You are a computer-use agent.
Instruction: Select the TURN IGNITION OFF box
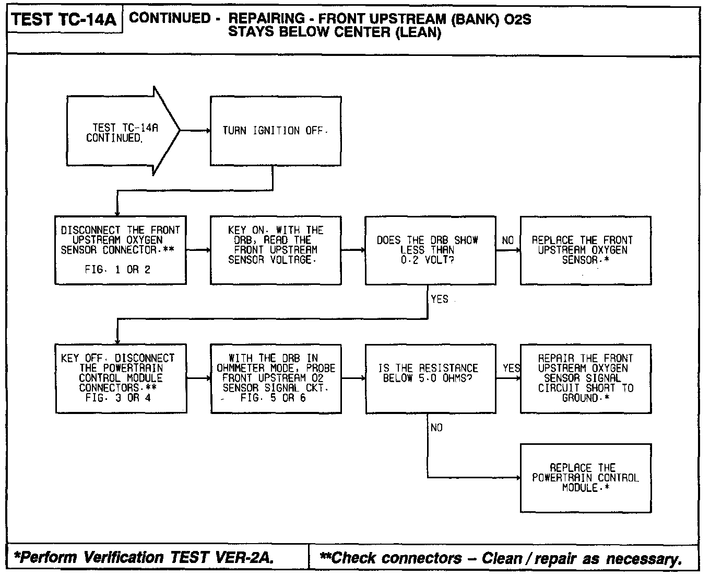(x=276, y=131)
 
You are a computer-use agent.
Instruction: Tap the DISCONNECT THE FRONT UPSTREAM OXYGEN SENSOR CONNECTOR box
(x=121, y=250)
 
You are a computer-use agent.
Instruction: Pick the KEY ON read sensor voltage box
(x=276, y=250)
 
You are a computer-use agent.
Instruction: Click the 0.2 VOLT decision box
(x=430, y=250)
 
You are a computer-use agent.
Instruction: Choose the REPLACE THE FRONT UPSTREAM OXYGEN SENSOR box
(x=585, y=250)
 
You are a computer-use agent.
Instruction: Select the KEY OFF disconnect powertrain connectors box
(x=121, y=378)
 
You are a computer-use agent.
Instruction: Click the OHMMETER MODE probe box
(x=276, y=378)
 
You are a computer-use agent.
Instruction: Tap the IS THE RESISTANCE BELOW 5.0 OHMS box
(x=430, y=378)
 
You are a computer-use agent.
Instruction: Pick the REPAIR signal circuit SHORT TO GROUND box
(x=585, y=378)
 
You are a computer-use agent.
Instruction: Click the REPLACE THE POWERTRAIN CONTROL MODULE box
(x=585, y=478)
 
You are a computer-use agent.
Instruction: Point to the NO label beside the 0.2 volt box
(x=507, y=240)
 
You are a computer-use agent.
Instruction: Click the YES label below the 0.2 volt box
(x=440, y=300)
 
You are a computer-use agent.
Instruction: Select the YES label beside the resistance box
(x=511, y=368)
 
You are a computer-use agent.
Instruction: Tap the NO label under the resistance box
(x=436, y=428)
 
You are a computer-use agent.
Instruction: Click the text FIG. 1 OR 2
(x=117, y=270)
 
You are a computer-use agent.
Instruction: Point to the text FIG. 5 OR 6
(x=273, y=398)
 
